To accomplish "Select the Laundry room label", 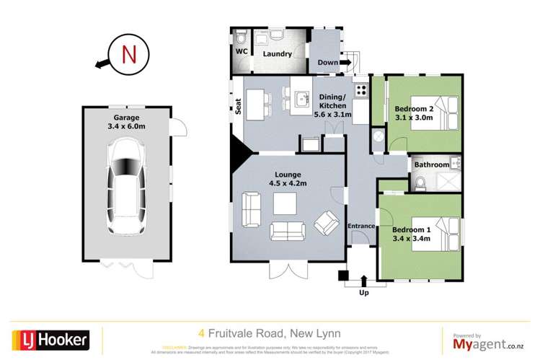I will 277,54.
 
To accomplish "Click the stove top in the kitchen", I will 360,92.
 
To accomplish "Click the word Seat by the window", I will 237,106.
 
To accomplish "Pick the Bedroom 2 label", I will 414,113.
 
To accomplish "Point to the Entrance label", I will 361,227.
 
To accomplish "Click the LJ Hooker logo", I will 50,338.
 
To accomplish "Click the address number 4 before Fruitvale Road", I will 201,334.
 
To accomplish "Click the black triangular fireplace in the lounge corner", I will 239,153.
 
